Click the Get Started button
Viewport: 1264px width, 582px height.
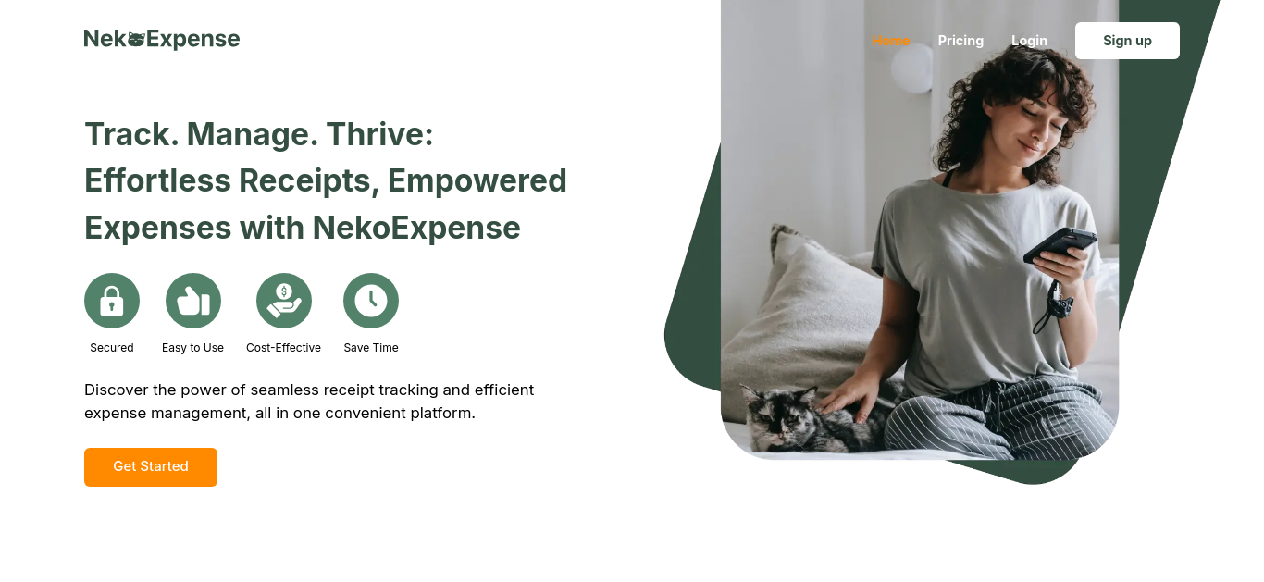click(x=151, y=467)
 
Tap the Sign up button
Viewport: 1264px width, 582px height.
click(x=1127, y=41)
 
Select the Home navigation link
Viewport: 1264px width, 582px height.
click(x=890, y=41)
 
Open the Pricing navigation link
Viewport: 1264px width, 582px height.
click(x=960, y=41)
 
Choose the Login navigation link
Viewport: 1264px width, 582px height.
click(x=1029, y=41)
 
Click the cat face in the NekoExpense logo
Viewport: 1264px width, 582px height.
click(x=136, y=39)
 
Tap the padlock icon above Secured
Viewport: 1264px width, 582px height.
click(x=112, y=301)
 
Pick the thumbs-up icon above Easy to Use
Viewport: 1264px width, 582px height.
click(x=193, y=301)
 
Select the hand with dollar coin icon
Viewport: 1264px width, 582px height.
click(x=284, y=301)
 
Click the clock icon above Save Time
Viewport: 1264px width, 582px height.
click(x=371, y=301)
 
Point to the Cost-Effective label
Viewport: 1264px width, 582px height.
click(x=283, y=348)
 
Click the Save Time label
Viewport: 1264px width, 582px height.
click(x=371, y=348)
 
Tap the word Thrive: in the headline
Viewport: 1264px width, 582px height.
click(x=379, y=134)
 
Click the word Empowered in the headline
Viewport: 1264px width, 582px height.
click(x=477, y=180)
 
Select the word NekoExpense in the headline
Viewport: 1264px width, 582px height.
click(x=416, y=228)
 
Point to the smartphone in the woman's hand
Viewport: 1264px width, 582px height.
click(x=1060, y=244)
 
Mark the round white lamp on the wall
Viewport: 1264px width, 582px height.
click(x=912, y=68)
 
